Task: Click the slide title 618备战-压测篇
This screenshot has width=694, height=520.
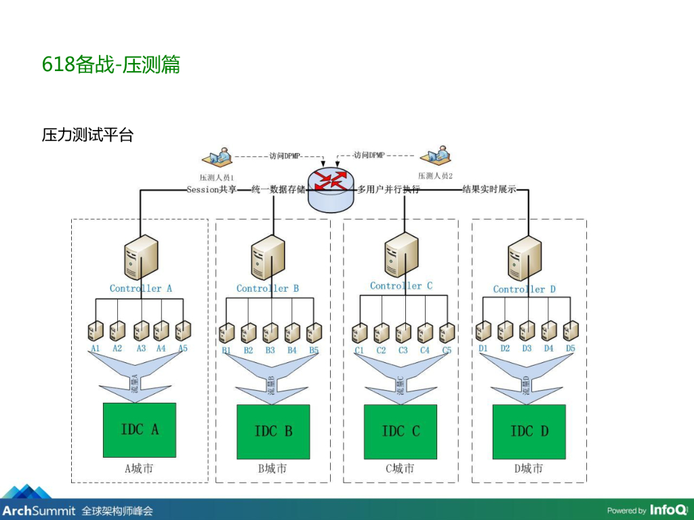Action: click(110, 65)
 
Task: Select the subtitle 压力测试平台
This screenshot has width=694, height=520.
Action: click(87, 135)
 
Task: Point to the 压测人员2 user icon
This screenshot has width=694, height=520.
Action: click(436, 155)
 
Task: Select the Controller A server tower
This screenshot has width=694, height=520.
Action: click(141, 258)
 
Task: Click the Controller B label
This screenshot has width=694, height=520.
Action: click(268, 288)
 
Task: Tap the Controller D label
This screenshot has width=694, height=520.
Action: click(525, 289)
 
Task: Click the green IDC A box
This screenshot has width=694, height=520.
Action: click(140, 430)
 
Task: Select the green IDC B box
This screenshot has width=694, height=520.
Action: click(273, 432)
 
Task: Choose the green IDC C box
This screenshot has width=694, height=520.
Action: click(401, 432)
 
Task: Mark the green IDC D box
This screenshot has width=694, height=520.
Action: click(529, 431)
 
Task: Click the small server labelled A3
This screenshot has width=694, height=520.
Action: click(140, 331)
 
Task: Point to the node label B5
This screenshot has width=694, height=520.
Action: click(314, 351)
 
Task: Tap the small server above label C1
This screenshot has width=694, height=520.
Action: click(359, 332)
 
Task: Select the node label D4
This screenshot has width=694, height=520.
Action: click(548, 349)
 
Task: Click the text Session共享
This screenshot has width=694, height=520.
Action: click(211, 190)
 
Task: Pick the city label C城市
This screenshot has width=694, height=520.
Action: click(401, 469)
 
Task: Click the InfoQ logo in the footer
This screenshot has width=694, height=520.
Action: click(667, 509)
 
